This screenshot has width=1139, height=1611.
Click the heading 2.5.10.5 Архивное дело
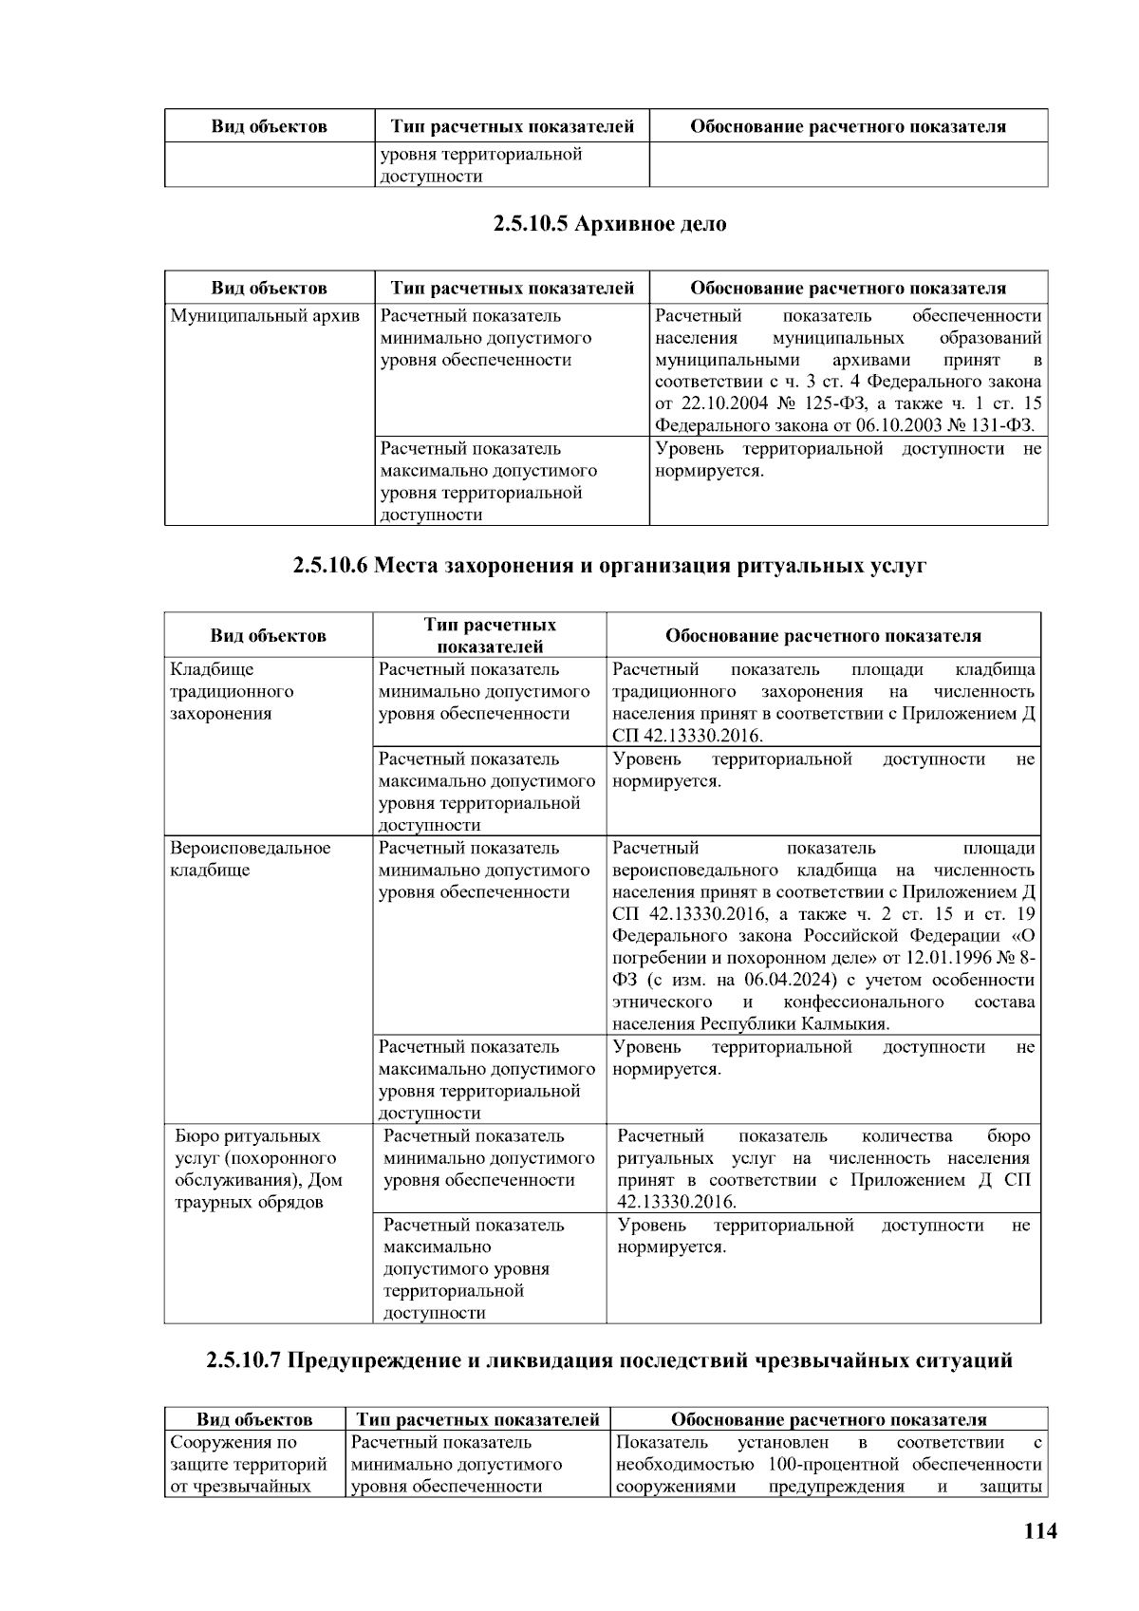(x=608, y=225)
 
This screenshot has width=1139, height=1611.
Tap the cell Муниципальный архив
(x=265, y=316)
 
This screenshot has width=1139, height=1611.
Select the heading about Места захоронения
(x=608, y=567)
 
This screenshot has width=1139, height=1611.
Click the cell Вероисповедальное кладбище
(x=250, y=859)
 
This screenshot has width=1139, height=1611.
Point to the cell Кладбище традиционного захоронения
(x=232, y=691)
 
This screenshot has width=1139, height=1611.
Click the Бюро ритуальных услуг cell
(x=258, y=1169)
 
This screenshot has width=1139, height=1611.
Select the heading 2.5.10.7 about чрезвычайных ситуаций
(x=608, y=1360)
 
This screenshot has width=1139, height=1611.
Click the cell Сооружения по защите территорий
(x=249, y=1465)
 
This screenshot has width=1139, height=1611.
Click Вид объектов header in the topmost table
(x=269, y=126)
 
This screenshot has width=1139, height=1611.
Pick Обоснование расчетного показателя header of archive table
(x=848, y=288)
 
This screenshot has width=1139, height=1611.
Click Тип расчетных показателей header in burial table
(x=490, y=635)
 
